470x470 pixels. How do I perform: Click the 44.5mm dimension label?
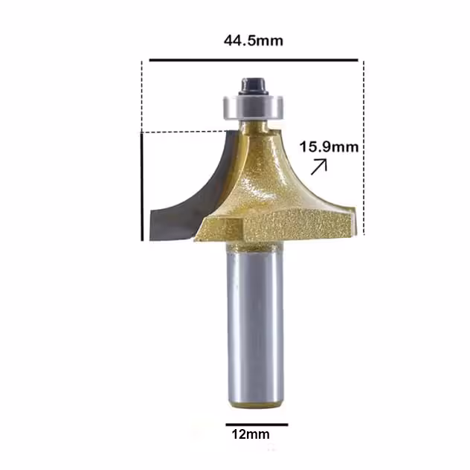click(254, 40)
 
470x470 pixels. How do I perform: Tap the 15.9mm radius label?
click(329, 147)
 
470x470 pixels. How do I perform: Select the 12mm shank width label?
click(251, 434)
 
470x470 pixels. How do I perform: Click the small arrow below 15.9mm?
click(318, 167)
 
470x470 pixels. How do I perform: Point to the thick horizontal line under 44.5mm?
click(254, 60)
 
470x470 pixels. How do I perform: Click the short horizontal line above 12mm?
click(257, 425)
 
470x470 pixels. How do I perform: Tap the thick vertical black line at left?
click(142, 187)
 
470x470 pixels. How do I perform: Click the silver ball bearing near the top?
click(253, 107)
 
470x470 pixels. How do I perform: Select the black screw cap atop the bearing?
click(254, 86)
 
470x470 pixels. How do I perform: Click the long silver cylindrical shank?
click(254, 326)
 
